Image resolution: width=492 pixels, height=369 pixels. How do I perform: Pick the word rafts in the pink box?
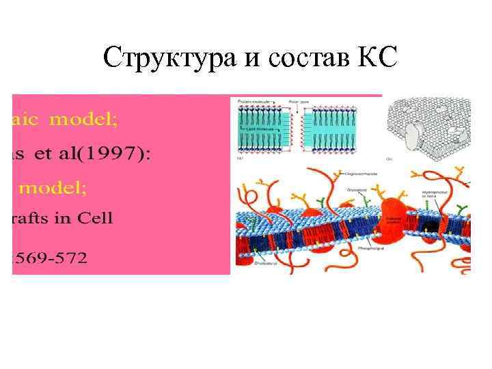pos(33,219)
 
